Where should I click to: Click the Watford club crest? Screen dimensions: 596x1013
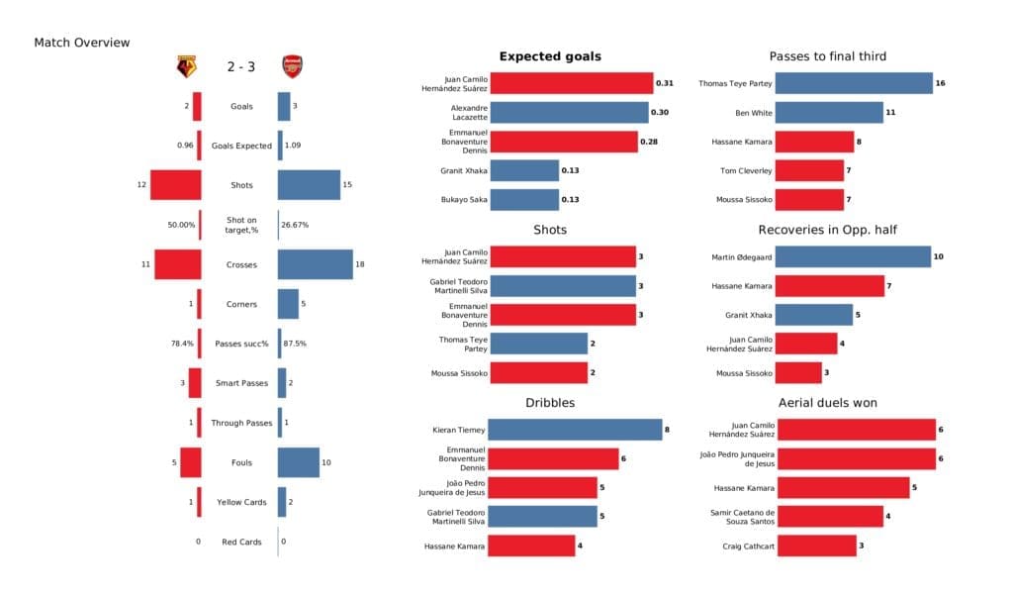(x=186, y=67)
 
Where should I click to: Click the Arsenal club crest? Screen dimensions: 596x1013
(x=292, y=67)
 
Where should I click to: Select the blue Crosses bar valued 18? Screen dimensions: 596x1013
(x=315, y=264)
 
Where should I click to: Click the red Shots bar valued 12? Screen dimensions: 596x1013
(x=175, y=185)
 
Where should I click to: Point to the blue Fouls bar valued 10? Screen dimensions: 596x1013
(x=298, y=462)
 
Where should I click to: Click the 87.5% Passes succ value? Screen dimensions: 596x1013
(x=295, y=344)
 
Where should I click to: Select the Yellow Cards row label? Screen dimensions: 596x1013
(x=241, y=502)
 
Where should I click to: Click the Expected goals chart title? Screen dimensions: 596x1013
(x=550, y=56)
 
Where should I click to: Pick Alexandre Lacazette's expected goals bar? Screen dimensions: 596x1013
(x=569, y=112)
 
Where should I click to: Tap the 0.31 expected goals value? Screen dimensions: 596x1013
(x=664, y=83)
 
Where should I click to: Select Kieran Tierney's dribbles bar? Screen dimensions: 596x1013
(x=575, y=430)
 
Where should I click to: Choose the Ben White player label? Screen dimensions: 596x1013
(x=753, y=113)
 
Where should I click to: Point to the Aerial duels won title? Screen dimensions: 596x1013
(x=828, y=403)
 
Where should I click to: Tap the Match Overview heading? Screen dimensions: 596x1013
(x=81, y=43)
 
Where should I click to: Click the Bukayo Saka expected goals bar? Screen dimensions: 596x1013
(x=524, y=199)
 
